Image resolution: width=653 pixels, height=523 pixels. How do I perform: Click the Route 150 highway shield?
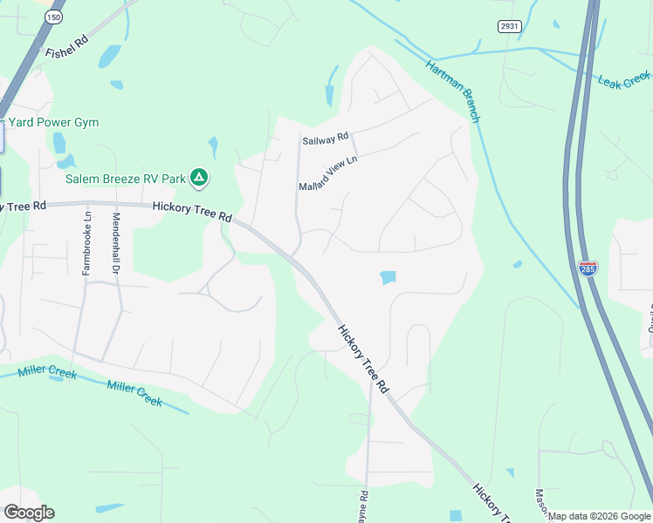point(55,17)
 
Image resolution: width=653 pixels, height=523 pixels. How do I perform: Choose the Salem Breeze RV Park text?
point(126,179)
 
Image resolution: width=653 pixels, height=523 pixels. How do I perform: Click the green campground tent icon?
point(199,179)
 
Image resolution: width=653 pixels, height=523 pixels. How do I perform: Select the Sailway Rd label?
point(325,139)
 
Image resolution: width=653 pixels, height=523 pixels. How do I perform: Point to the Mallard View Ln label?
point(328,173)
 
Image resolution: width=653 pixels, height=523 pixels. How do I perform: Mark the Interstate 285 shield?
point(588,268)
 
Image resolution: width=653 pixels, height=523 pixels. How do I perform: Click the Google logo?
point(28,513)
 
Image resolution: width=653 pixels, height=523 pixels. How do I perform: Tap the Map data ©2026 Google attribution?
point(599,516)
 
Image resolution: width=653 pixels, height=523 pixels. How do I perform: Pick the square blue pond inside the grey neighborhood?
point(388,277)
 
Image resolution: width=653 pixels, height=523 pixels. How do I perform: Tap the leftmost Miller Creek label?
point(48,375)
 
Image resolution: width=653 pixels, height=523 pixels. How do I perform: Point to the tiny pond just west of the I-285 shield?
point(518,264)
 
